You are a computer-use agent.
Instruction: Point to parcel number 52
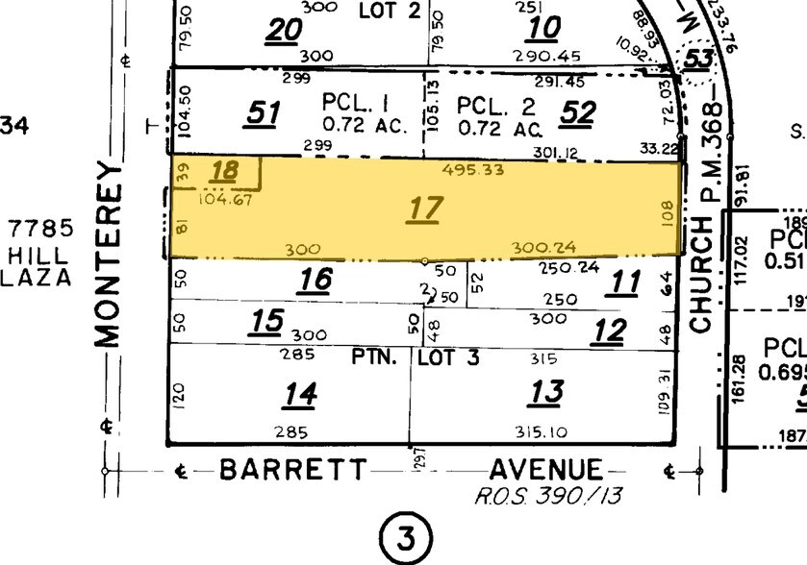578,113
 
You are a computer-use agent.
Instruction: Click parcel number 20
285,31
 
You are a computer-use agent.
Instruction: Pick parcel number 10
544,28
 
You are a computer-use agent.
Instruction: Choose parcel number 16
315,280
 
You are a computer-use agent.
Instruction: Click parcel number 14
299,394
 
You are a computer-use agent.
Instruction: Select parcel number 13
545,391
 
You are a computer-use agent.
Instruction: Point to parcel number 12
609,332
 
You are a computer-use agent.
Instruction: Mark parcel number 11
625,282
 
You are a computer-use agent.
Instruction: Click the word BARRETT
292,471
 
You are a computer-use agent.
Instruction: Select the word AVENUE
546,471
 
